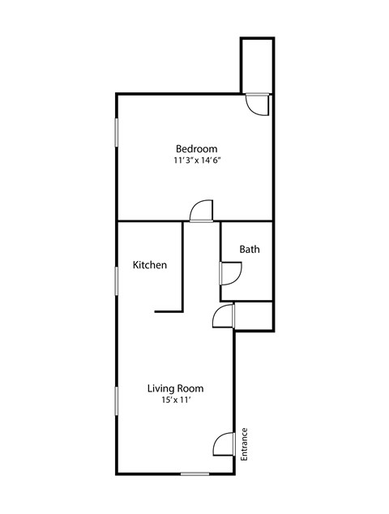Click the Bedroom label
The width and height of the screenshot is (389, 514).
click(x=197, y=148)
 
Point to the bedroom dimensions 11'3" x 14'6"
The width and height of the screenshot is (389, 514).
click(x=197, y=161)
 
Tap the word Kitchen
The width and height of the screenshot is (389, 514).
click(x=150, y=265)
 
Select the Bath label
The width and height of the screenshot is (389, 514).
click(x=250, y=250)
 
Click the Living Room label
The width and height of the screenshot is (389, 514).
click(x=174, y=388)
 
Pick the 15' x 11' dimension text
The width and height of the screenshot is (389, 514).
click(x=174, y=400)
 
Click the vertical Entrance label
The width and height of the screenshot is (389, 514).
click(x=244, y=445)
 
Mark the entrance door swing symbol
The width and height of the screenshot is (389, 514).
click(x=224, y=444)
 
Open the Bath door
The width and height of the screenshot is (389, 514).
click(x=229, y=273)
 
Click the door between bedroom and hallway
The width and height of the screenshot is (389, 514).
click(x=200, y=212)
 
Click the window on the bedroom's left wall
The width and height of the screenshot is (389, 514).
click(x=117, y=133)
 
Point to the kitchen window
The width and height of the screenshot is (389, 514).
click(x=117, y=281)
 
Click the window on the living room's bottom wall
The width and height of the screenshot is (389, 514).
click(x=194, y=473)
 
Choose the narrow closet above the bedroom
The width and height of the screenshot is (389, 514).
click(x=255, y=65)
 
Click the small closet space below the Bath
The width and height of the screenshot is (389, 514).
click(x=253, y=315)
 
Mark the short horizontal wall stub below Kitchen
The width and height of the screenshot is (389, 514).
click(x=168, y=310)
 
